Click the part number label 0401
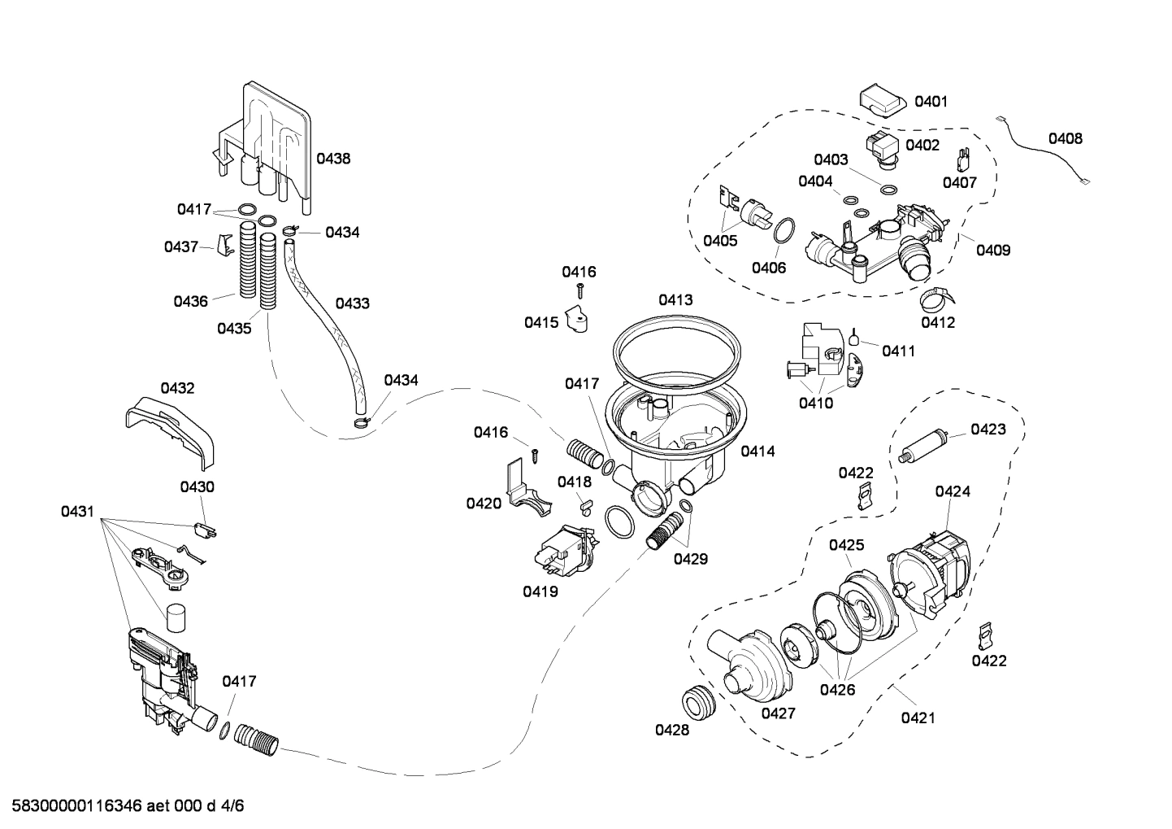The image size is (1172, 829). [x=931, y=102]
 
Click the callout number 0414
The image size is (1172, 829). [x=757, y=451]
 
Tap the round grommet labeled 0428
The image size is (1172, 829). [x=697, y=700]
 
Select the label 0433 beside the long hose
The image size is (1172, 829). [x=352, y=303]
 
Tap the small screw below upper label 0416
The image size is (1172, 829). [x=580, y=290]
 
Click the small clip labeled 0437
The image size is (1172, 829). [x=225, y=245]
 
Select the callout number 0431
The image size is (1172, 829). [x=78, y=511]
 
